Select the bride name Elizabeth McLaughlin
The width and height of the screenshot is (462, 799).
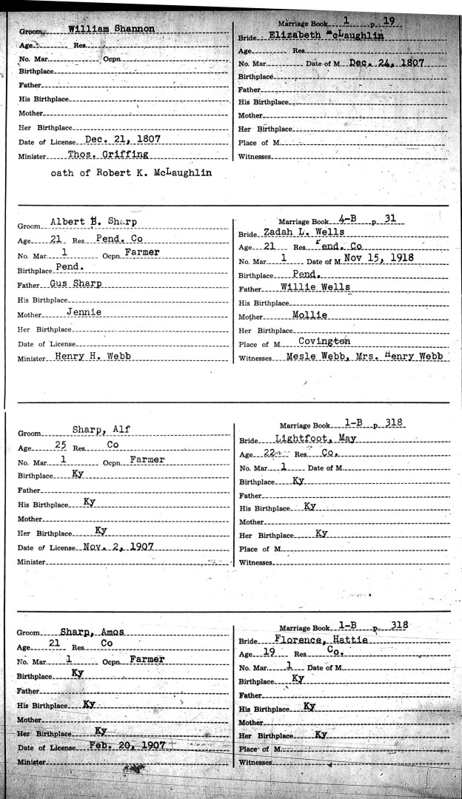pos(318,35)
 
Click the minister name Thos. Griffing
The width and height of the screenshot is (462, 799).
pos(108,155)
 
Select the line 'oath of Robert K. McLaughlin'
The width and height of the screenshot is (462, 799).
pos(131,173)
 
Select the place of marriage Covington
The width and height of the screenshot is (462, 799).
pos(324,342)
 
